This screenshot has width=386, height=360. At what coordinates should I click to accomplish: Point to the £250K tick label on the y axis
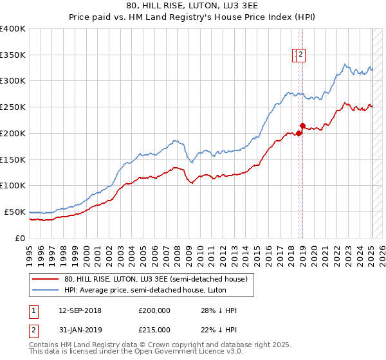(x=13, y=107)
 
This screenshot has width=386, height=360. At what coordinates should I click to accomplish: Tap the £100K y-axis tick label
(x=13, y=185)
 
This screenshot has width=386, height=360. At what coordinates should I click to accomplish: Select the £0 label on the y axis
(x=21, y=238)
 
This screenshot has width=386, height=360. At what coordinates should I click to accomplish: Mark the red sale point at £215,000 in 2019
(x=302, y=125)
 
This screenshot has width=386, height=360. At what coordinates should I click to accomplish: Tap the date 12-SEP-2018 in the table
(x=80, y=310)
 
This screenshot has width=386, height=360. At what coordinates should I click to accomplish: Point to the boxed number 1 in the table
(x=33, y=310)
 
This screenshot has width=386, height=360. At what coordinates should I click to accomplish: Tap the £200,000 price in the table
(x=154, y=310)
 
